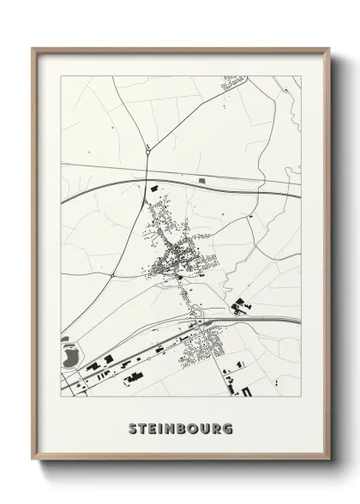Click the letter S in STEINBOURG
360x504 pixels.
132,427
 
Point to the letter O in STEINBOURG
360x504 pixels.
195,427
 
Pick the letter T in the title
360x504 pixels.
142,427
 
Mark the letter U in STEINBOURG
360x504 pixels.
207,427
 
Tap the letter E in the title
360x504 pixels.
153,427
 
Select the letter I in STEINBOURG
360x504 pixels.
163,427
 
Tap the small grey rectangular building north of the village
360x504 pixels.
202,181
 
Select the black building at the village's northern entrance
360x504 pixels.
154,188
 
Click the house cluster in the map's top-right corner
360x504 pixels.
231,84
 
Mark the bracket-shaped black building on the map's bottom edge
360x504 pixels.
247,392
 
